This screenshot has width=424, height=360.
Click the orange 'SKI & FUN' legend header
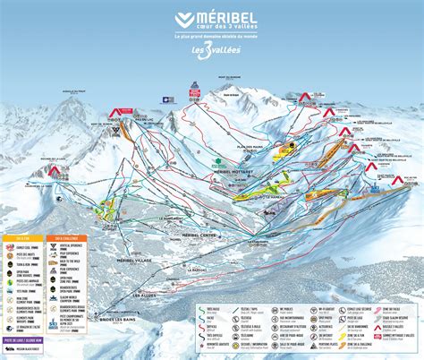coord(18,236)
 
